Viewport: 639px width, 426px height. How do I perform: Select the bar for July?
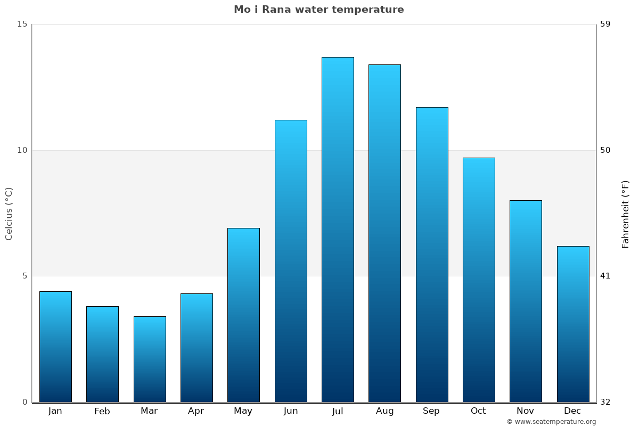click(338, 230)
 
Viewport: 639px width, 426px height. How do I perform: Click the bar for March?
click(150, 359)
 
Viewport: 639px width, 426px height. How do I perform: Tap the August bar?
click(384, 233)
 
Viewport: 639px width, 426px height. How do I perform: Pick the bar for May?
click(243, 315)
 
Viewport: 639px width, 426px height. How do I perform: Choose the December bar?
click(573, 324)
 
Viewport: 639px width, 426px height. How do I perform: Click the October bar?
click(479, 280)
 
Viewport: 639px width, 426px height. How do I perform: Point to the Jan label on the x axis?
click(55, 411)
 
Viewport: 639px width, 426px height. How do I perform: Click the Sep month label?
click(431, 411)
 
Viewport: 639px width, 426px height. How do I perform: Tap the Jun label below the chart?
click(291, 411)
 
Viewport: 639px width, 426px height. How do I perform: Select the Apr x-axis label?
click(196, 411)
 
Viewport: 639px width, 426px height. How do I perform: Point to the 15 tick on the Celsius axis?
click(22, 24)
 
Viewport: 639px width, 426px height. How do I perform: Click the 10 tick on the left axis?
click(22, 150)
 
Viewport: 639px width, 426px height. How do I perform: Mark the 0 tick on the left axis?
click(24, 402)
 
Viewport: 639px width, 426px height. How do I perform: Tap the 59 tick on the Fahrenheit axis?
click(605, 24)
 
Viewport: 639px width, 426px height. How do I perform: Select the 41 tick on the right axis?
click(605, 276)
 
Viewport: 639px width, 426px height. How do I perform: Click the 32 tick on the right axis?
click(605, 402)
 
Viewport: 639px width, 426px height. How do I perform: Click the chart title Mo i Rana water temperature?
click(319, 10)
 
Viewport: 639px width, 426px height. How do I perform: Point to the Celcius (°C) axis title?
click(9, 214)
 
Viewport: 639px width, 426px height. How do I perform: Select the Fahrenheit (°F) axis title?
click(625, 214)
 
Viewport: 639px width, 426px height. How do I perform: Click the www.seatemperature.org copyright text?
click(551, 422)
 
